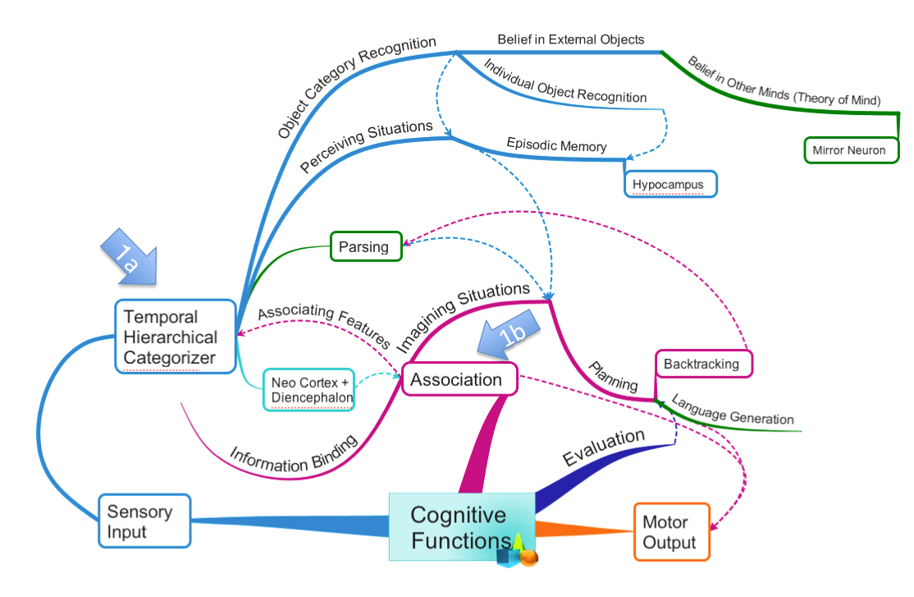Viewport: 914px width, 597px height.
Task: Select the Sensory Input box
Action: coord(144,521)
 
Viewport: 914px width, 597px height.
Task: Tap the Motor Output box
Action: coord(670,532)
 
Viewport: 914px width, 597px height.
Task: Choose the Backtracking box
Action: coord(703,364)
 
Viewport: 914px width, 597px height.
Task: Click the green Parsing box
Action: coord(366,246)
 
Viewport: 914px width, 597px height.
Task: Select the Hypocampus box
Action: coord(670,184)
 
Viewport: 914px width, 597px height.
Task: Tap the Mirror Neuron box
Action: coord(850,150)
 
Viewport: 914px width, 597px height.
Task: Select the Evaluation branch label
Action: coord(603,448)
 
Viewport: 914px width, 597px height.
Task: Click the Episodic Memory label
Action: coord(556,145)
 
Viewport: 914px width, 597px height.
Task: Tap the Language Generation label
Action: coord(733,410)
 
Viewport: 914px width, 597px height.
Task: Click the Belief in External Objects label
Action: coord(571,39)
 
